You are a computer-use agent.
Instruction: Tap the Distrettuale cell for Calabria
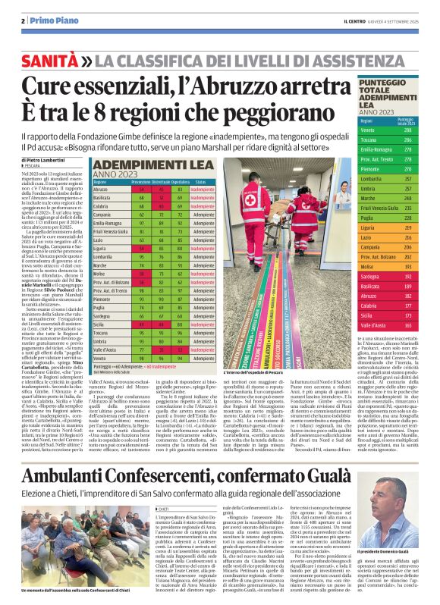tap(161, 206)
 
